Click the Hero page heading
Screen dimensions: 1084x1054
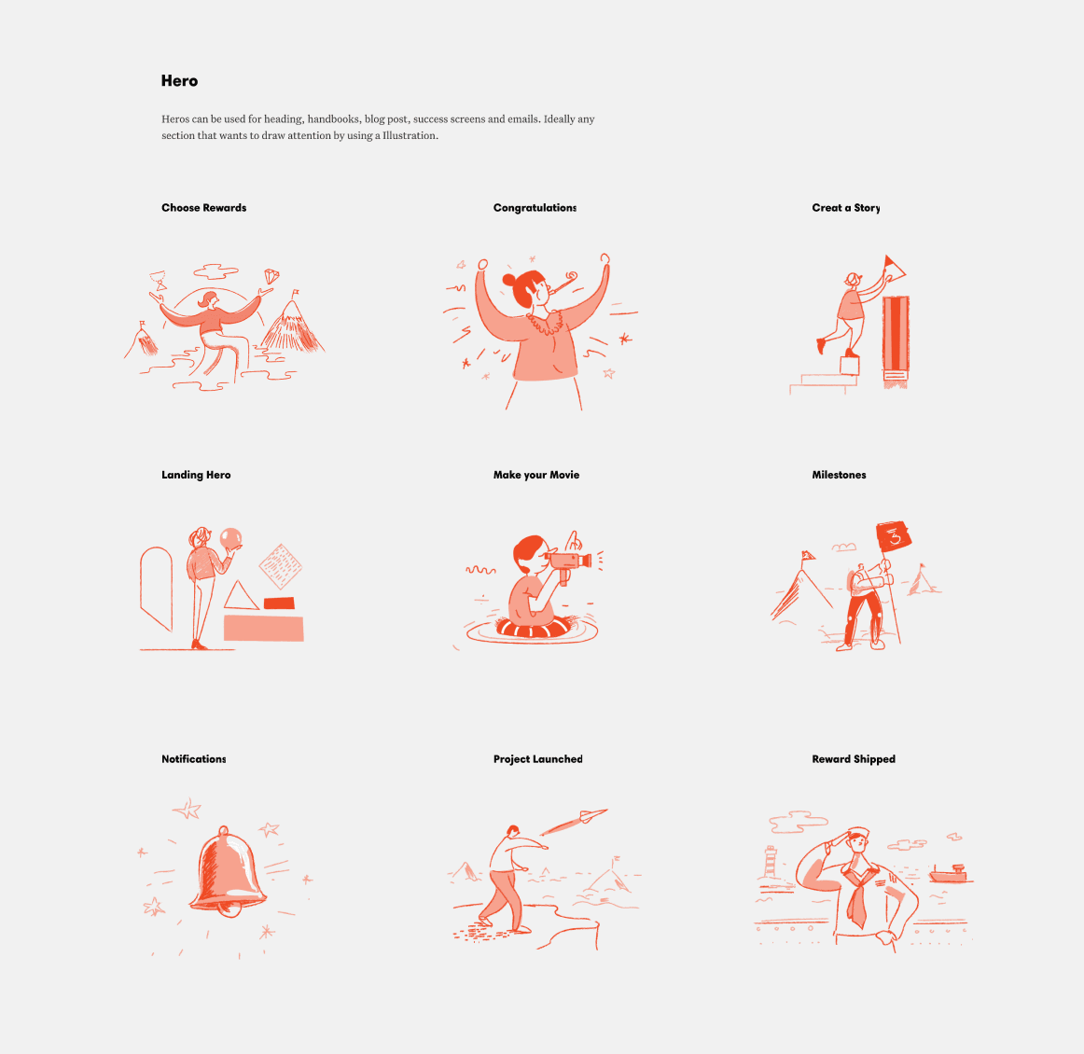click(x=179, y=81)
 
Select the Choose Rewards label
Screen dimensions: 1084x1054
click(x=204, y=207)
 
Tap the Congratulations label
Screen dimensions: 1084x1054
click(x=535, y=207)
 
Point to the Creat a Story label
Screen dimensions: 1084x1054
click(x=845, y=207)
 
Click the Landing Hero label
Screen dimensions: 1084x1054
click(x=196, y=475)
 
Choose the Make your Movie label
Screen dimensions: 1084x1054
click(x=535, y=475)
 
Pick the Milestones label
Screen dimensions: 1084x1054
click(x=839, y=475)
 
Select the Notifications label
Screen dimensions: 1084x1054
click(x=194, y=759)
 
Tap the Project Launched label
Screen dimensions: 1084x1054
click(x=538, y=759)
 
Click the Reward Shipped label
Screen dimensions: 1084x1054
click(x=853, y=759)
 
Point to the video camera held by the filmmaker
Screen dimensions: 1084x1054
click(x=568, y=562)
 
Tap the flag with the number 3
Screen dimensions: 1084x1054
click(x=894, y=537)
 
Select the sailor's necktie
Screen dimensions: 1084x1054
click(x=855, y=903)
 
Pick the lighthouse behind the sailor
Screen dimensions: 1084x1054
click(x=771, y=862)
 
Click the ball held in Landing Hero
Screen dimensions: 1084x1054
click(x=230, y=537)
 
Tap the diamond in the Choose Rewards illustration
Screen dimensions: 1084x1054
click(x=271, y=276)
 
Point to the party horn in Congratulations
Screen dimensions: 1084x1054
click(x=563, y=282)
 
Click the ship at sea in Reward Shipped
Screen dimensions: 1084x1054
click(x=948, y=874)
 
